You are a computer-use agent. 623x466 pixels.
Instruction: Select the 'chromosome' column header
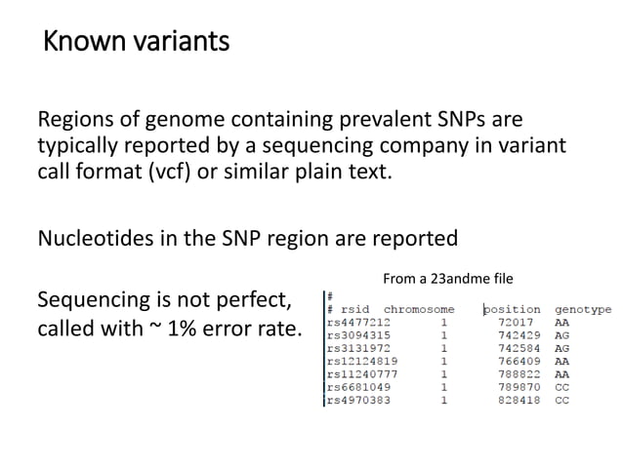(x=419, y=310)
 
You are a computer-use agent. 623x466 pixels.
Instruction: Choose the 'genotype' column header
(x=583, y=310)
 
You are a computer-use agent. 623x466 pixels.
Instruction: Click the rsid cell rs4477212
(x=359, y=322)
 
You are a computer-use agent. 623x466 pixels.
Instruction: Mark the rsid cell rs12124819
(x=362, y=361)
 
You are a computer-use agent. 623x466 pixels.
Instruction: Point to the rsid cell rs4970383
(x=359, y=400)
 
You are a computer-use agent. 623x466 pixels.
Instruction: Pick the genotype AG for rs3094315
(x=561, y=334)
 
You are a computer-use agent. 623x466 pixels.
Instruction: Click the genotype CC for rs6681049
(x=561, y=387)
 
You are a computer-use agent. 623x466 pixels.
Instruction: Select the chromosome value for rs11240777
(x=444, y=373)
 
